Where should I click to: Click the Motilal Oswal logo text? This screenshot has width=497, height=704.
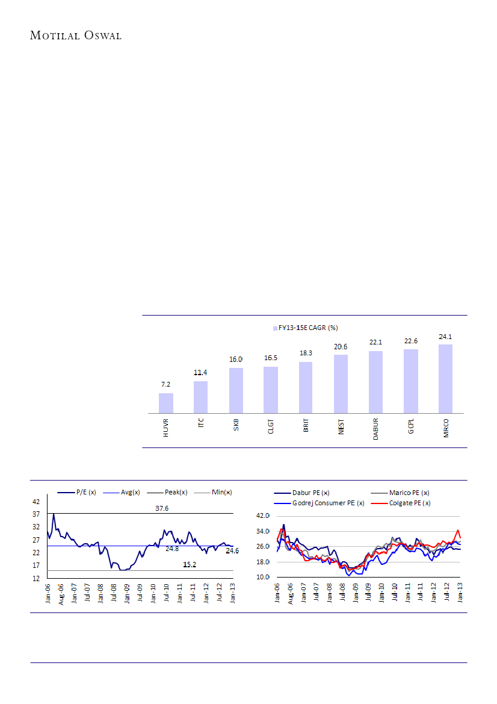(76, 36)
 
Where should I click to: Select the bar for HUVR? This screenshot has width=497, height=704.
(166, 403)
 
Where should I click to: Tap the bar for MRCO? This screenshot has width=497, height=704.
(445, 378)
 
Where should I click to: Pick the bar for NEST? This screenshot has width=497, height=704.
(341, 384)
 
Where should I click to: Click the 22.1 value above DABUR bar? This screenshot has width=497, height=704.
(375, 342)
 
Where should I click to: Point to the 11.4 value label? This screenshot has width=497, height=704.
(200, 373)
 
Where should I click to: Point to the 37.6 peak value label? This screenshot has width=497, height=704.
(162, 508)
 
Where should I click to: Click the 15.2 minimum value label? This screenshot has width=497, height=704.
(190, 565)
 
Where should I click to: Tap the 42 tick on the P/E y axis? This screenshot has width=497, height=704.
(36, 501)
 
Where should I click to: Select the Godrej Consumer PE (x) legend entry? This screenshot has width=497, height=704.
(322, 503)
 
